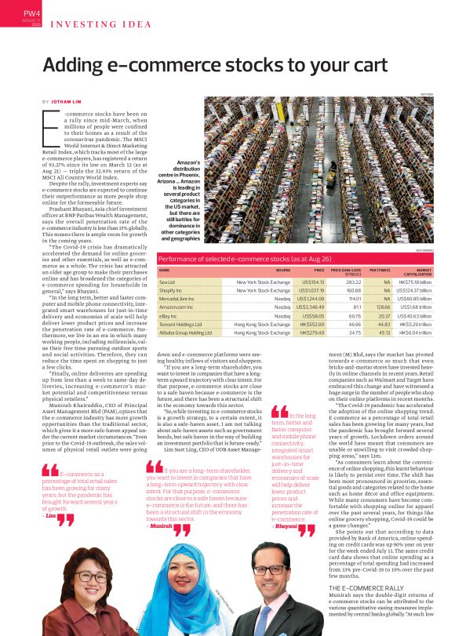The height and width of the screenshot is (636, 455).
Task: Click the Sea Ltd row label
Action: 167,281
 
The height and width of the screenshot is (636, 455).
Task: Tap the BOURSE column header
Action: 283,269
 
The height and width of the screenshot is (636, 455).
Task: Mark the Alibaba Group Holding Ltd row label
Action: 185,333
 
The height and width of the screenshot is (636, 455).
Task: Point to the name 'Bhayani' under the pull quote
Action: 286,506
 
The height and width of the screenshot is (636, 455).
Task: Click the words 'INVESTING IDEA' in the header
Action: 101,24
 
